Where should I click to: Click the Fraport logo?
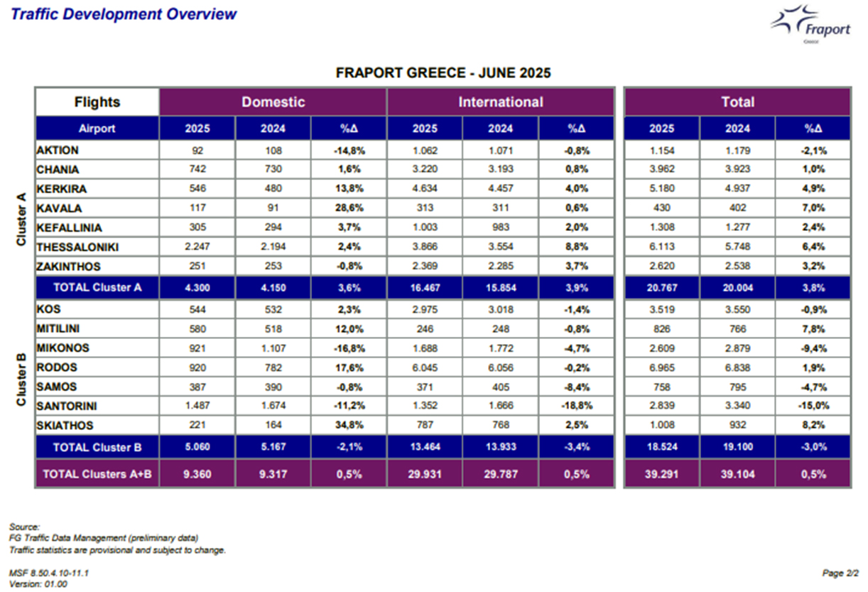click(810, 24)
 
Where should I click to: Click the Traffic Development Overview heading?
click(124, 14)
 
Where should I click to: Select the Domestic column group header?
click(273, 102)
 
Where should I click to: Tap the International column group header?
click(501, 102)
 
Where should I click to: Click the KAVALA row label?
click(59, 208)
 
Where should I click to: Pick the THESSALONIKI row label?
click(77, 247)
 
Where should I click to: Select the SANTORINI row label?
click(67, 406)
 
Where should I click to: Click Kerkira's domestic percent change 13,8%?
click(349, 188)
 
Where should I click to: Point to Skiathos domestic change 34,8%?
click(349, 425)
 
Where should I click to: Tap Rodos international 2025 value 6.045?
click(425, 367)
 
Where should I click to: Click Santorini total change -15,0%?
click(813, 406)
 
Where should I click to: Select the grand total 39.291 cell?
click(661, 474)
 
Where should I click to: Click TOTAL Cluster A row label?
click(97, 287)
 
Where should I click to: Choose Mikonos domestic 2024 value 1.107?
click(273, 348)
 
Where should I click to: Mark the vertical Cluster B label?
click(21, 379)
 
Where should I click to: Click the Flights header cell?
click(97, 102)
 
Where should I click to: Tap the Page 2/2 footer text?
click(840, 573)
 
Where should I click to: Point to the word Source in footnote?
click(24, 527)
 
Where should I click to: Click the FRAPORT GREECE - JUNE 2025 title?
click(443, 73)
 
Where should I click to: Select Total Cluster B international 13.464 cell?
click(425, 446)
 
